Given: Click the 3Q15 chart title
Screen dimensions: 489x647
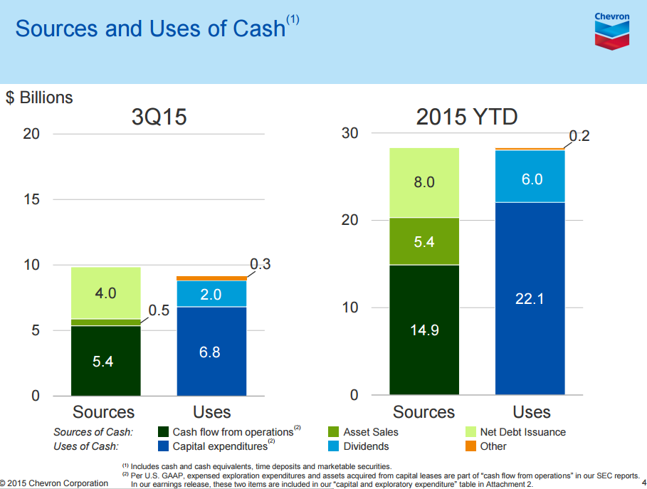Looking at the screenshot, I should [159, 117].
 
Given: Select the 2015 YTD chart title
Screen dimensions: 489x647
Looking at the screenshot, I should [467, 117].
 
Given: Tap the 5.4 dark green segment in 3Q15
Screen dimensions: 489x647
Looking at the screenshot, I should [105, 361].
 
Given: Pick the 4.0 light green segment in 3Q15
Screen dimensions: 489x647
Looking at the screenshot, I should [105, 293].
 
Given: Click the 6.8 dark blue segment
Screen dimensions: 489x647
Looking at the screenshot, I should [211, 351].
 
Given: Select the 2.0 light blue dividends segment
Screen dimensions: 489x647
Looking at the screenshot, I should [211, 294].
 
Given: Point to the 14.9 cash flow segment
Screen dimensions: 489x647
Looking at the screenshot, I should [424, 330].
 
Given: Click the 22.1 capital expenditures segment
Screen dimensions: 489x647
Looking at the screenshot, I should [530, 299].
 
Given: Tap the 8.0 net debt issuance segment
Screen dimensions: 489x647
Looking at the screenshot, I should [424, 182].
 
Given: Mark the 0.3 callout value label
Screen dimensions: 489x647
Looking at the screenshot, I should [261, 264].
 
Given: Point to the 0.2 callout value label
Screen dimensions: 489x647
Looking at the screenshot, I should [579, 136].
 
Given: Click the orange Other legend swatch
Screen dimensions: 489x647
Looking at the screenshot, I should [470, 446].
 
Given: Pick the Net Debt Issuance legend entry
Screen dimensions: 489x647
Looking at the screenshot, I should [522, 432].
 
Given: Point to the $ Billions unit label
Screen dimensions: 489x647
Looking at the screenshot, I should [39, 98].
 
